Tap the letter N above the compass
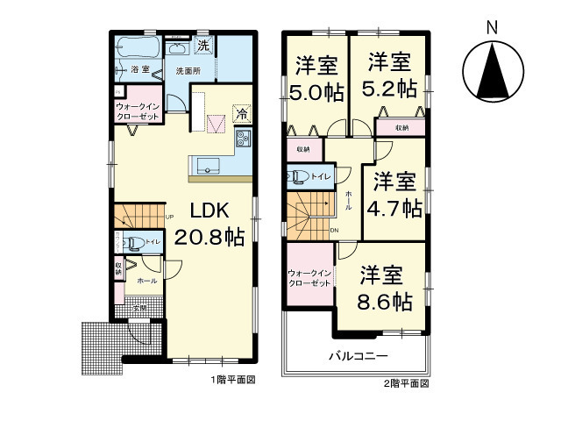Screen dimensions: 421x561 (493, 25)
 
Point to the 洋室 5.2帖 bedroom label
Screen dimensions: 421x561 (391, 75)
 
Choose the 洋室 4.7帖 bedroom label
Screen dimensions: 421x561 (395, 195)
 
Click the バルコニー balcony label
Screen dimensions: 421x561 (358, 356)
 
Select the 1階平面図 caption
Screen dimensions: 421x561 (232, 382)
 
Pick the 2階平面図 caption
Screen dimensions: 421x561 (405, 383)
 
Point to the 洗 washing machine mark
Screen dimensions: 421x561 (202, 45)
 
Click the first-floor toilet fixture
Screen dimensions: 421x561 (134, 243)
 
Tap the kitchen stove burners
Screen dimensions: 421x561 (243, 138)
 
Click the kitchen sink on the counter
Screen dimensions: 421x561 (208, 164)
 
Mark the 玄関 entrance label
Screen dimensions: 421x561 (139, 307)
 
